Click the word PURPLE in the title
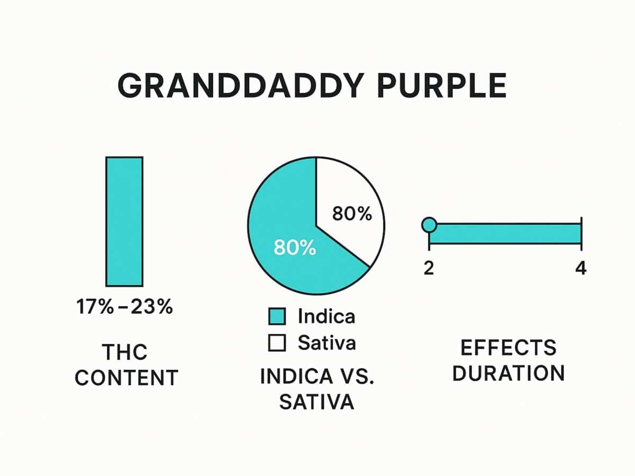coord(442,86)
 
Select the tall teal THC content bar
coord(124,221)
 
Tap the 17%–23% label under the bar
coord(125,307)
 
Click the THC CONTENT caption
coord(126,364)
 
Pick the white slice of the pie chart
coord(349,201)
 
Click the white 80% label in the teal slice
coord(294,248)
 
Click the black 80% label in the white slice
coord(352,214)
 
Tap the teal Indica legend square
coord(277,317)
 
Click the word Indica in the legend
coord(326,317)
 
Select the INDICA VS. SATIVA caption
coord(316,389)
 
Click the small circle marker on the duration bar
coord(429,225)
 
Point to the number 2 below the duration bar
coord(429,268)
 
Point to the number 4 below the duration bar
coord(580,268)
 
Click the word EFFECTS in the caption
coord(509,348)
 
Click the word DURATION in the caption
coord(509,373)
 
